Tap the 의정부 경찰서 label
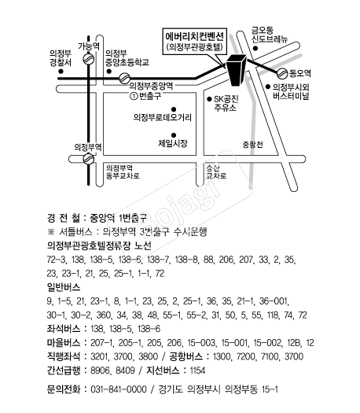[x=61, y=57]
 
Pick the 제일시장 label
[x=173, y=143]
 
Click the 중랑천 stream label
[x=253, y=143]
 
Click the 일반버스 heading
[x=66, y=289]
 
